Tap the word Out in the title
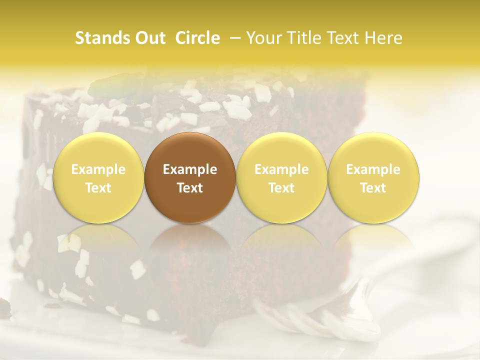pos(149,38)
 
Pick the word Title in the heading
pos(303,38)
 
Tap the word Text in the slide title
pos(345,38)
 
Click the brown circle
pos(190,177)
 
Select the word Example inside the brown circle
pos(190,169)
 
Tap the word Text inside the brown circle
pos(190,188)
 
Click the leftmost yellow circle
pos(98,177)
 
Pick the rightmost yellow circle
pos(373,177)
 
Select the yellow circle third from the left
pos(281,177)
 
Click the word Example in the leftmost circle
pos(98,169)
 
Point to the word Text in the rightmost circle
pos(373,188)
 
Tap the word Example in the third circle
pos(281,169)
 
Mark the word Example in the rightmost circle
pos(373,169)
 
